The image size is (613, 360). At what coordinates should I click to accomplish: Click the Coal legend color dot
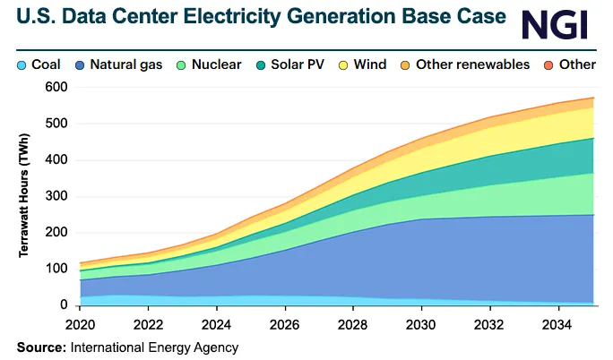(x=22, y=64)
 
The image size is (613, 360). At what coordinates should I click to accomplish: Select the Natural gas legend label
(x=124, y=64)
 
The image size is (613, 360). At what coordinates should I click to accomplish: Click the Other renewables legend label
(x=470, y=64)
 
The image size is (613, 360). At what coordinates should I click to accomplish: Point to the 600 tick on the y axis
(x=56, y=87)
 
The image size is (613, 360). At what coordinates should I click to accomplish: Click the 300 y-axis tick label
(x=56, y=196)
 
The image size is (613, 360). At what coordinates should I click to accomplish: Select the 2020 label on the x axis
(x=81, y=321)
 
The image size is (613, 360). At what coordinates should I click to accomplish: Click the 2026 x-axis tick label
(x=286, y=321)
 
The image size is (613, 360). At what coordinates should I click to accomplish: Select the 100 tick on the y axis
(x=56, y=269)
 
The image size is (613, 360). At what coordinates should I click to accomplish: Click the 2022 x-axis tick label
(x=149, y=321)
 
